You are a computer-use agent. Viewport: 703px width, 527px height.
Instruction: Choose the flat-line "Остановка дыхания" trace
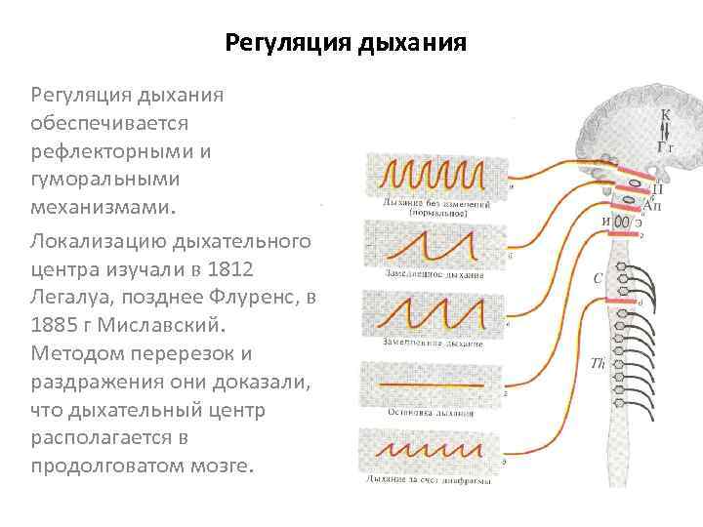click(x=434, y=385)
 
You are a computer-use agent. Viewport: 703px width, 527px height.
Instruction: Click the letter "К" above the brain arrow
click(x=666, y=115)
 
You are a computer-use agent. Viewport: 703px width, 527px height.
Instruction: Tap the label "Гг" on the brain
click(x=666, y=146)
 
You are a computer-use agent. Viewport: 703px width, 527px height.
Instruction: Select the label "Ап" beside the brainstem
click(x=653, y=207)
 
